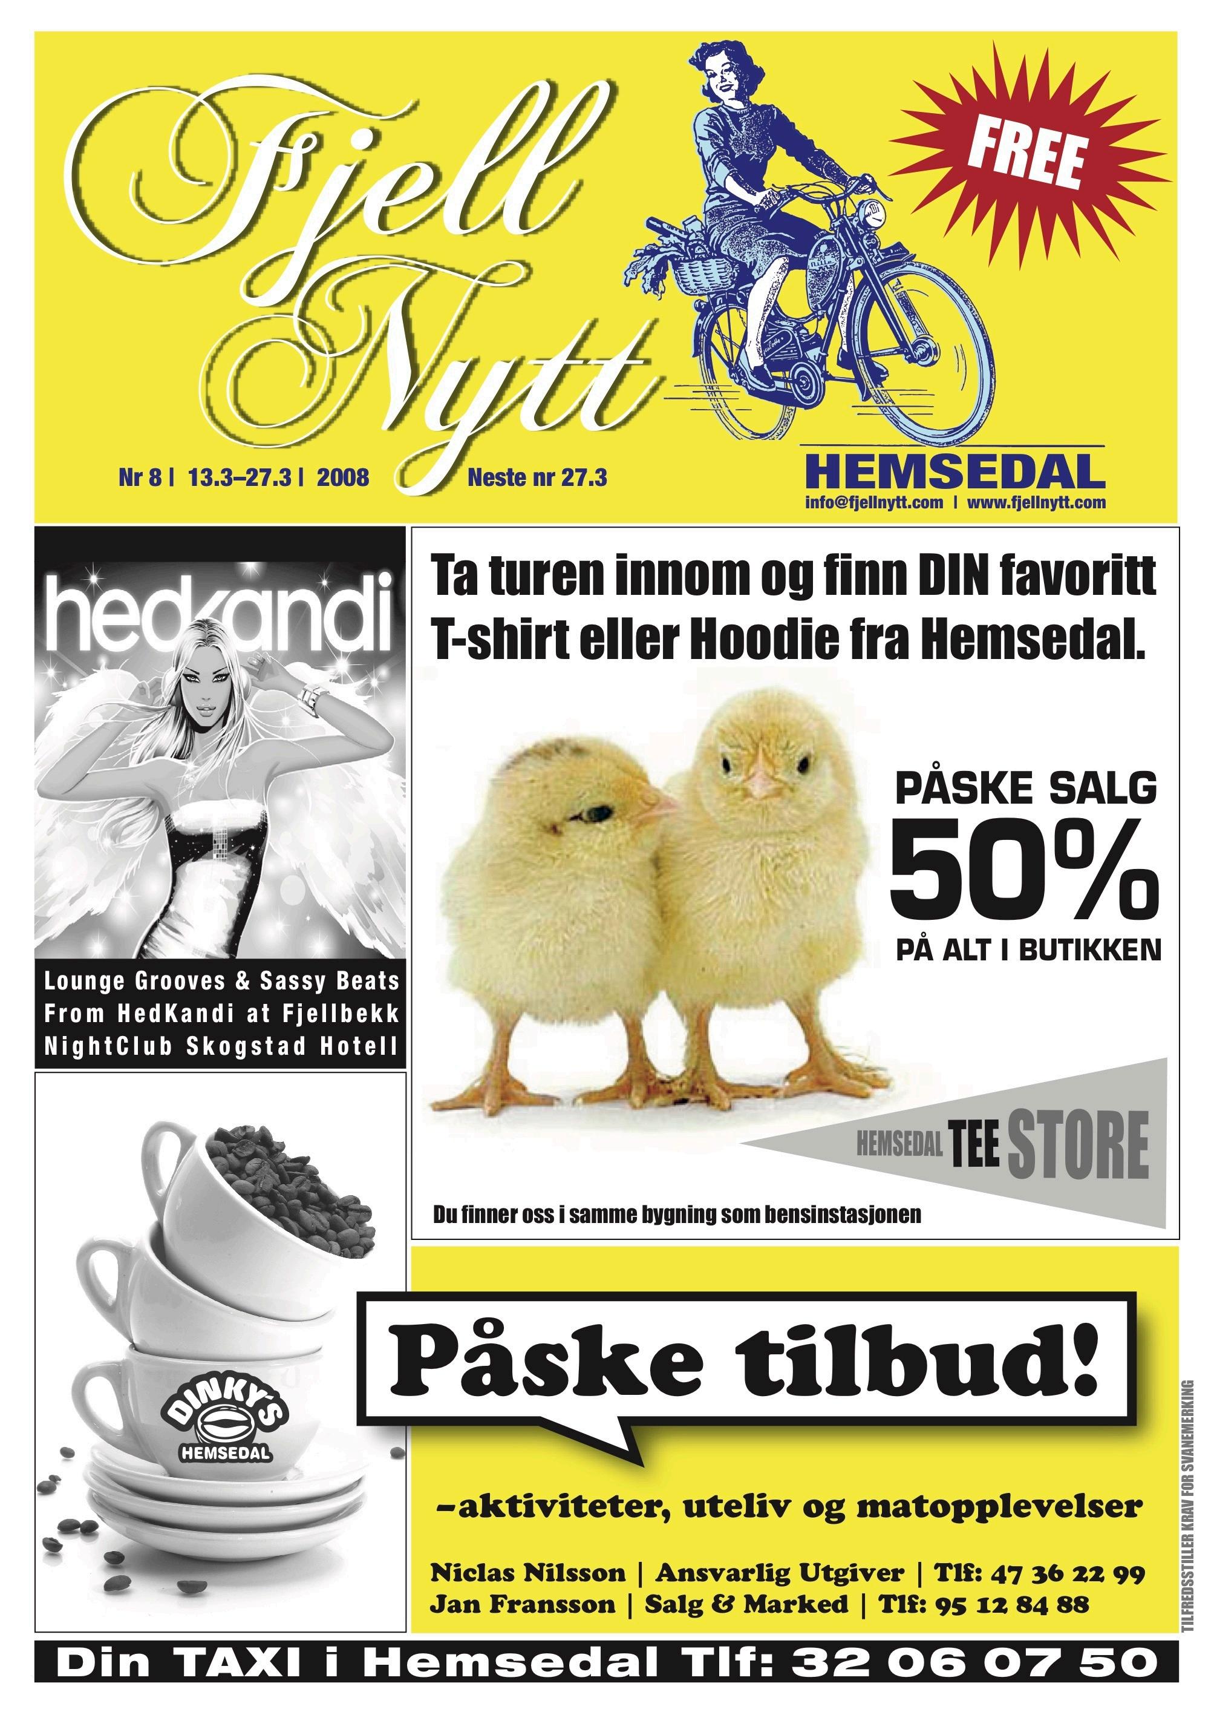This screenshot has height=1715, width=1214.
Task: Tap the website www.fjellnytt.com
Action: (x=1036, y=503)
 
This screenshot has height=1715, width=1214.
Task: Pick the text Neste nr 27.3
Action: (x=537, y=477)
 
